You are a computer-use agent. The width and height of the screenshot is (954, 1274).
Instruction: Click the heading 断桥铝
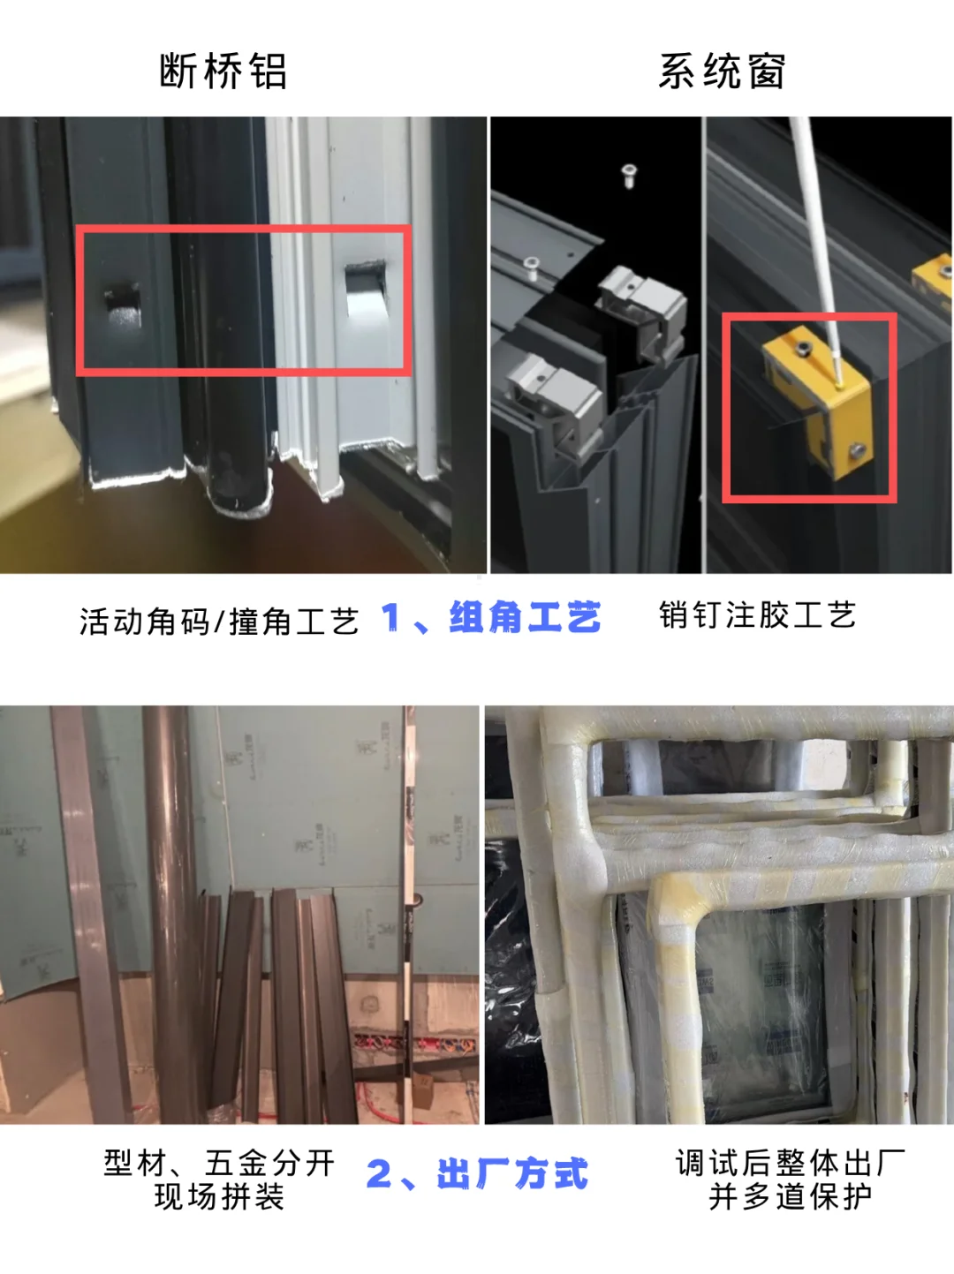tap(223, 72)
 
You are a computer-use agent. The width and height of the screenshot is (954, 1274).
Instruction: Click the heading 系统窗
tap(722, 72)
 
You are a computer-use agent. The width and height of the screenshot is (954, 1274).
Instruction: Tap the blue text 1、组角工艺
tap(491, 618)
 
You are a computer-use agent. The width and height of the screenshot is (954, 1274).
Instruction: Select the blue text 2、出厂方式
tap(477, 1174)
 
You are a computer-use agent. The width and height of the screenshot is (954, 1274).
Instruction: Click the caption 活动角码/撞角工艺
tap(219, 622)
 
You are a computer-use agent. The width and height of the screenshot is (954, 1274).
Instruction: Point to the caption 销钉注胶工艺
tap(757, 615)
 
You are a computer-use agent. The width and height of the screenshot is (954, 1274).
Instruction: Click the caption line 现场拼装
tap(219, 1197)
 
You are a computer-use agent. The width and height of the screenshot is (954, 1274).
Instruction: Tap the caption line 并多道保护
tap(790, 1197)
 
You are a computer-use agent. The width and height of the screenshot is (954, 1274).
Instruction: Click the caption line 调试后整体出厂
tap(790, 1163)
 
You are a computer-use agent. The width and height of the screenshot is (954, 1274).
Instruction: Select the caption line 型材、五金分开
tap(219, 1163)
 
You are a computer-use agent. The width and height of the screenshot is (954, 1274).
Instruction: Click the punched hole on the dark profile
tap(123, 306)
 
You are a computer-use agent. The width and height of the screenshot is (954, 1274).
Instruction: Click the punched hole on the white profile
tap(363, 287)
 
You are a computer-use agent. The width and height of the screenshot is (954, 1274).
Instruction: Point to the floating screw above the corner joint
tap(630, 174)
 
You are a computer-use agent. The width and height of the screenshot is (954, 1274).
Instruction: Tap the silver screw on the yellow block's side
tap(856, 452)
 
